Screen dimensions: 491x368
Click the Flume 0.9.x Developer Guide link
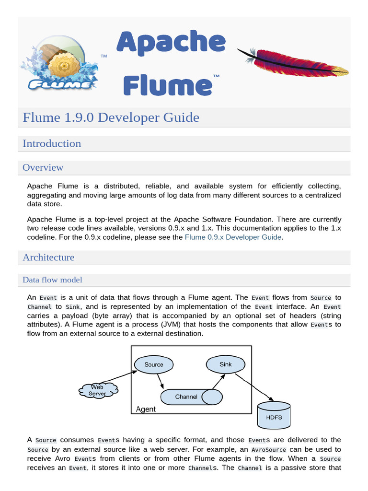point(233,237)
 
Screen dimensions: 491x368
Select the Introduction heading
point(52,143)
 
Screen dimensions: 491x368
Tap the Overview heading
point(43,167)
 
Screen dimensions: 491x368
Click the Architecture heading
point(48,257)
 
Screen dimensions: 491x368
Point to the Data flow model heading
point(52,280)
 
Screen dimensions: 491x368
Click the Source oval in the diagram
point(154,364)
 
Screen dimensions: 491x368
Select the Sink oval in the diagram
point(225,364)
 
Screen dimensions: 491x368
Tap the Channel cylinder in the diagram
point(186,397)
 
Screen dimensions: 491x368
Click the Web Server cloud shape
point(98,390)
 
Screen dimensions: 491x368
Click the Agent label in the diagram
point(146,409)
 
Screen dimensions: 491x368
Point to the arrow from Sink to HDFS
point(254,386)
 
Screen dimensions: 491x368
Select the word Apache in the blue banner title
point(171,43)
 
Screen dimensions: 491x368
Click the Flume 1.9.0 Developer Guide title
point(111,117)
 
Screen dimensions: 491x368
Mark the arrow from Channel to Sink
point(218,382)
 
